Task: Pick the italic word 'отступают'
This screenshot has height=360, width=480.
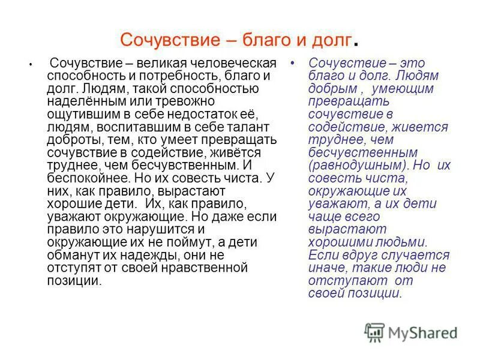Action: point(338,280)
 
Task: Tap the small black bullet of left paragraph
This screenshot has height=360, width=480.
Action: point(29,64)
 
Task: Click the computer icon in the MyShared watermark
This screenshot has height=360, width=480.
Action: point(374,332)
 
